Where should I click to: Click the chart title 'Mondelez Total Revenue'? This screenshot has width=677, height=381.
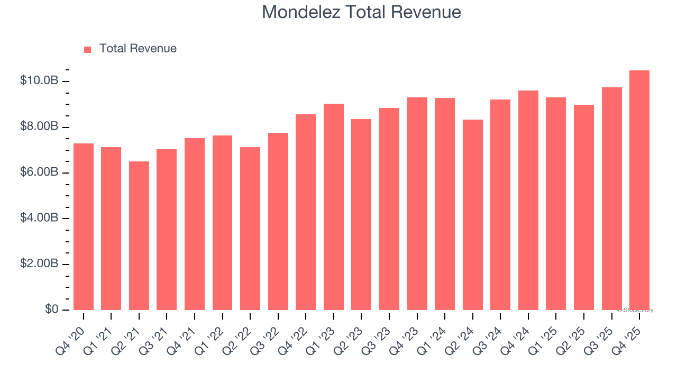point(361,12)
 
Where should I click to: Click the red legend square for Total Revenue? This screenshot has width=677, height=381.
point(88,50)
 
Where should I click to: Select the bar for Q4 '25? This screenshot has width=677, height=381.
point(639,190)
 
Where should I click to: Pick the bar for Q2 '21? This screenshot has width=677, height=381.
point(139,235)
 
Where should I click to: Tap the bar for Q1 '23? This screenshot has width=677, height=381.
point(333,207)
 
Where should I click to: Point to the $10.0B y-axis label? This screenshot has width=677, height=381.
point(39,81)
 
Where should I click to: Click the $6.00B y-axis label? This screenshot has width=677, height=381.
point(39,173)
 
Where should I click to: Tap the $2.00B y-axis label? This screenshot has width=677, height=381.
point(39,264)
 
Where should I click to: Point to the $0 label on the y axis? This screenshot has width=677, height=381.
point(51,310)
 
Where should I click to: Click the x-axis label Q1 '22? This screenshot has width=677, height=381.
point(215,335)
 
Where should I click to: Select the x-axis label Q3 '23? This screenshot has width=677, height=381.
point(382,335)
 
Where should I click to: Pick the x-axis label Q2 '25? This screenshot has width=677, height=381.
point(577,335)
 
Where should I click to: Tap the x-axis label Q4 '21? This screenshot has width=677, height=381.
point(187,335)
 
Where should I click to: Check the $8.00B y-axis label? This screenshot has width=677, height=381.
point(39,127)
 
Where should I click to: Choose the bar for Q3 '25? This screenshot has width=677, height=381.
point(611,198)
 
